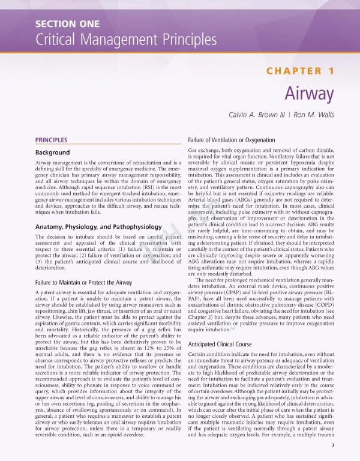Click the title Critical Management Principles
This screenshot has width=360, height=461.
click(x=126, y=40)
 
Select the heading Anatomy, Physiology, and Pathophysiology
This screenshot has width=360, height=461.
click(x=98, y=227)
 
